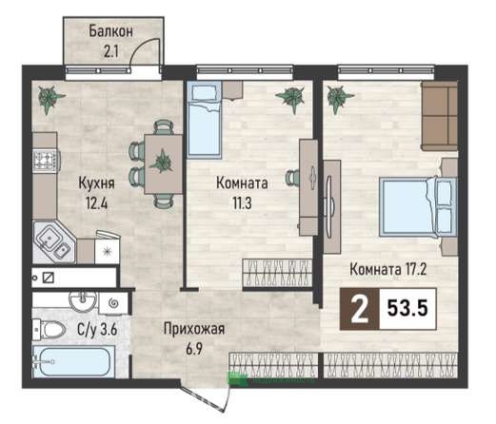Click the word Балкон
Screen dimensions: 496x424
pos(110,31)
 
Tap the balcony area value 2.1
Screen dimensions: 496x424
pos(110,51)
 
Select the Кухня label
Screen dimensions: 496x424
pos(96,183)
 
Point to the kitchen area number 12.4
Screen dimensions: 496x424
pos(96,202)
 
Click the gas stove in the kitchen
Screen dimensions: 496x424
pos(47,160)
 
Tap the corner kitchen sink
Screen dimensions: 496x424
pos(53,242)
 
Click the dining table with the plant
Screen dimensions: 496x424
pos(164,164)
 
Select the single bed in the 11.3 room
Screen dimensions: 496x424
pos(204,119)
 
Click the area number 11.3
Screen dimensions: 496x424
pos(242,203)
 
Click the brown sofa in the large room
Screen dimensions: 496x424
pos(439,116)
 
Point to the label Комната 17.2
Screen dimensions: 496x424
pos(387,270)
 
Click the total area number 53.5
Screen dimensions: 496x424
pos(407,308)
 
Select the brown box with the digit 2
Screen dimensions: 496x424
pos(360,309)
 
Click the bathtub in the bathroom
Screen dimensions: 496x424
pos(73,361)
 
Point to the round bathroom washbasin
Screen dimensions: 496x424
pos(83,300)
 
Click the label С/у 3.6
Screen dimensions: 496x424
pos(97,330)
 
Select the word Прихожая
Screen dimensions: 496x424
pos(194,329)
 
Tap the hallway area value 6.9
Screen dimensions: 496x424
pos(194,349)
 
